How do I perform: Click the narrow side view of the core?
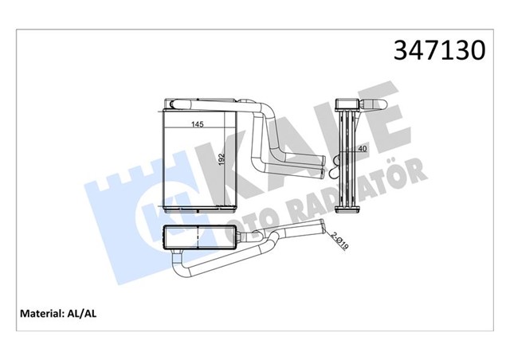pos(347,159)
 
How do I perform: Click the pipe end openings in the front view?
pos(319,163)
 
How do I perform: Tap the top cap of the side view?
pos(347,104)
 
